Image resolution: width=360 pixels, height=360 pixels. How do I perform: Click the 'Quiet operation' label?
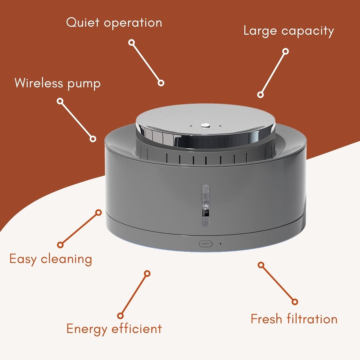[x=114, y=23]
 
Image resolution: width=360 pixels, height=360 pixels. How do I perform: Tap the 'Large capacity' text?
[x=289, y=31]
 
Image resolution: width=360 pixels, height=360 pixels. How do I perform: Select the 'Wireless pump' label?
[x=58, y=83]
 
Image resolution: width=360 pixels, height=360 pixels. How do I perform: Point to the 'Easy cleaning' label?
[x=51, y=259]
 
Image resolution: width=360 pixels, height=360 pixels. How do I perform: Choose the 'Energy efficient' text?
[x=114, y=329]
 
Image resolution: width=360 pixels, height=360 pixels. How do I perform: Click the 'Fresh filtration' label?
[x=294, y=319]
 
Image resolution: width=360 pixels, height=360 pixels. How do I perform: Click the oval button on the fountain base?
[x=205, y=244]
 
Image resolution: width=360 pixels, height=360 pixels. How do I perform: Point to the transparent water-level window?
[x=205, y=205]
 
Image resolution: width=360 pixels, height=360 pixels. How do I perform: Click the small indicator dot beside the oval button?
[x=221, y=244]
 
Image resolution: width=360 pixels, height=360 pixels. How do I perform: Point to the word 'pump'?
[x=84, y=84]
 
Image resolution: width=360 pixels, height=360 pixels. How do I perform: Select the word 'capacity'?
[x=308, y=31]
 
